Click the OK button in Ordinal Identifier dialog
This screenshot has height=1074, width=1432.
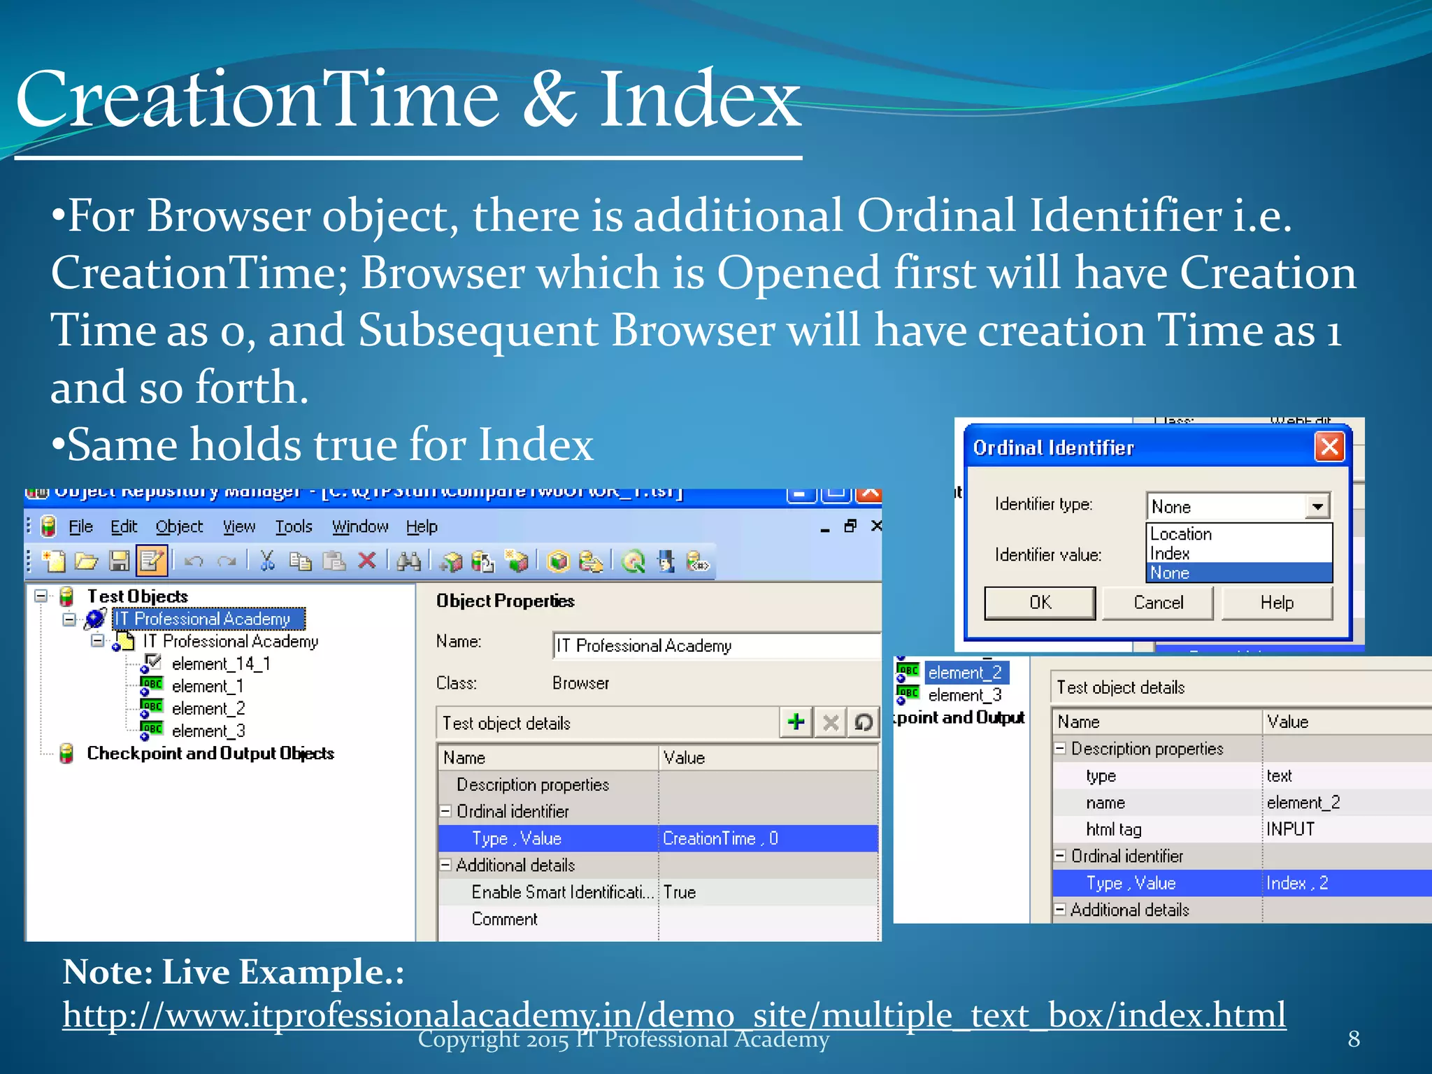[1040, 603]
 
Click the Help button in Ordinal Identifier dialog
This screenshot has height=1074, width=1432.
[1276, 603]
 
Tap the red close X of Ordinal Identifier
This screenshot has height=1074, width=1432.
[1329, 446]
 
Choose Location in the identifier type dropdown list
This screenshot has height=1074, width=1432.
[1181, 534]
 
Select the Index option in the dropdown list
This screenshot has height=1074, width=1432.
[1170, 554]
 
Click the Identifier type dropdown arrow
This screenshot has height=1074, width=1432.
[1317, 506]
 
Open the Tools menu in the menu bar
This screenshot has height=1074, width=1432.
[293, 527]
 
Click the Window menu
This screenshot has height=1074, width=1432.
[359, 527]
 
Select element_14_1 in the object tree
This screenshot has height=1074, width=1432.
[220, 664]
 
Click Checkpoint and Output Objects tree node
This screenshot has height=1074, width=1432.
[210, 753]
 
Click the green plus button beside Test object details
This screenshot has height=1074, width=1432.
[796, 722]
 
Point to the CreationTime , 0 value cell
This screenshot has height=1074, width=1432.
[720, 838]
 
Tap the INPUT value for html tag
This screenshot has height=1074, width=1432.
[1290, 829]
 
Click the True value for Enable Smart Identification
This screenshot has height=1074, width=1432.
[680, 892]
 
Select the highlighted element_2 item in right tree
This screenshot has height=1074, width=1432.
[965, 673]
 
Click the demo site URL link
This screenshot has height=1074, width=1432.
[673, 1015]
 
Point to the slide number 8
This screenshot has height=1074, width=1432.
[1354, 1039]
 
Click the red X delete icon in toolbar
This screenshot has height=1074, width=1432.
[367, 561]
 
